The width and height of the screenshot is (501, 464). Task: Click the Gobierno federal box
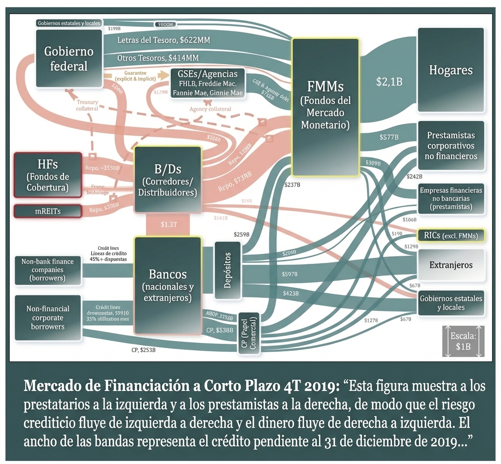click(x=69, y=58)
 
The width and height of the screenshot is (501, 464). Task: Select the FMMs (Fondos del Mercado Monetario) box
click(x=326, y=107)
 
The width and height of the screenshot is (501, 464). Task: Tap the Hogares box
click(x=451, y=70)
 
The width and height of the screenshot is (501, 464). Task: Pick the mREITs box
click(x=48, y=211)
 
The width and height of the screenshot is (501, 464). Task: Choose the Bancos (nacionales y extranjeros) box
click(x=168, y=285)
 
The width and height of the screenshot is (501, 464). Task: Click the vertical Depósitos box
click(x=227, y=270)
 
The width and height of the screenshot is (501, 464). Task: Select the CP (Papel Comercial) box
click(x=248, y=333)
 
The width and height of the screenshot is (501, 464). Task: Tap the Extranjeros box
click(x=451, y=265)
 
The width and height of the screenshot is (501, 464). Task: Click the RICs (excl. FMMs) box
click(x=451, y=236)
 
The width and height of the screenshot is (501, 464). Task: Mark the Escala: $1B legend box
click(x=463, y=342)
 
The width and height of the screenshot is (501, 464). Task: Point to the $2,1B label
click(x=389, y=82)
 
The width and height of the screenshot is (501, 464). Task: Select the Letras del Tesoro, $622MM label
click(x=164, y=40)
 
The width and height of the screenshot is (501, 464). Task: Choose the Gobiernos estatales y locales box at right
click(x=451, y=303)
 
